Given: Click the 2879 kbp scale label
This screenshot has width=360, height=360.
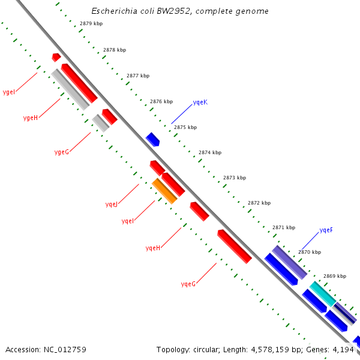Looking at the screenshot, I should tap(91, 23).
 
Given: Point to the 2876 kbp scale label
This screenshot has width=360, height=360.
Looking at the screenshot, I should tap(161, 101).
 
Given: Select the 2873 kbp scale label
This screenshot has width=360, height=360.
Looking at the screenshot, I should tap(234, 178).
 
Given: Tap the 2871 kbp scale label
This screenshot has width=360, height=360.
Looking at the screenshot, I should tap(283, 227).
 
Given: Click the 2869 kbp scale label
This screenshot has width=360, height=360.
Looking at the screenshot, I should tap(334, 276).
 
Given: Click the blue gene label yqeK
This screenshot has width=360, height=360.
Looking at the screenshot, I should tap(200, 103).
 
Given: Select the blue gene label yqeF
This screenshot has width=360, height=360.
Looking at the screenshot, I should tap(326, 230).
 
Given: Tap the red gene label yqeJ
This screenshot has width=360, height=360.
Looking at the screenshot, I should tap(112, 205).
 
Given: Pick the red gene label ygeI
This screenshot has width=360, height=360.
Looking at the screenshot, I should tap(9, 92).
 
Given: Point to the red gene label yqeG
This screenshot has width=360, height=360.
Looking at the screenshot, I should tap(188, 284).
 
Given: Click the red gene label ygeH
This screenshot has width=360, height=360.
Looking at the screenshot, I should tap(30, 118).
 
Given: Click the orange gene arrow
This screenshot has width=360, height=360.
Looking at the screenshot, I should tap(164, 191).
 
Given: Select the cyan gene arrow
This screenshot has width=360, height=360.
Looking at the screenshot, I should tap(322, 293).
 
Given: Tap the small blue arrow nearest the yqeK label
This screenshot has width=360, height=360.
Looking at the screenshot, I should tap(152, 139).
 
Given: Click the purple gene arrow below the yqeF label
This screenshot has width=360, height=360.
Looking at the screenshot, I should tap(289, 262).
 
